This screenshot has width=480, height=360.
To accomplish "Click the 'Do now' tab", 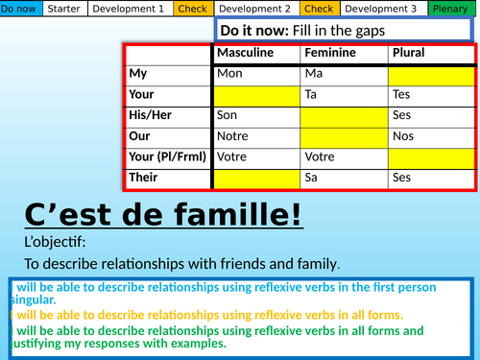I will tap(21, 9).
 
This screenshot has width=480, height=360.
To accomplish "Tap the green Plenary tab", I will tap(449, 9).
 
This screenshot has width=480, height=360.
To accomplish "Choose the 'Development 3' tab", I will tap(380, 9).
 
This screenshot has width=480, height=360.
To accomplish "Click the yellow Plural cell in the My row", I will tap(432, 74).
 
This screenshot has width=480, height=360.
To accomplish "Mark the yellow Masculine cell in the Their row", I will tap(256, 178).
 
